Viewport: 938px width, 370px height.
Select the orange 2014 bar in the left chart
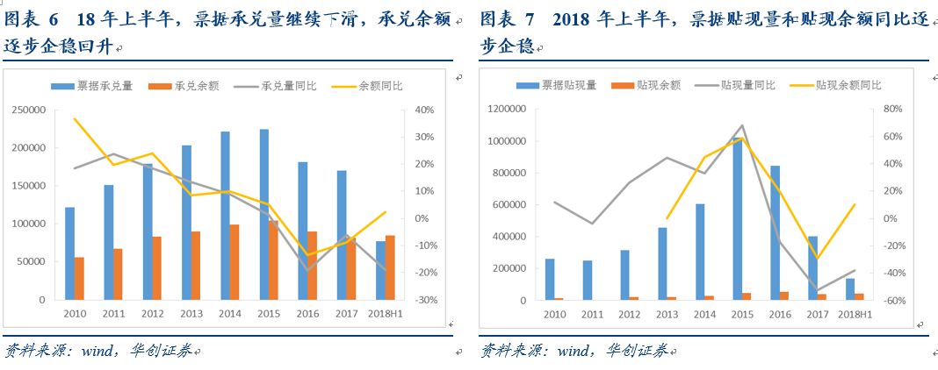tap(234, 262)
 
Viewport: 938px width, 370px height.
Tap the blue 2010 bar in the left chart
tap(69, 253)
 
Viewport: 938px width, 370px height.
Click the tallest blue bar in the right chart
tap(738, 219)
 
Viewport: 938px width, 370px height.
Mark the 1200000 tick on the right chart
tap(504, 110)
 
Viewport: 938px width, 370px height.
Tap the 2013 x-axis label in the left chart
tap(192, 313)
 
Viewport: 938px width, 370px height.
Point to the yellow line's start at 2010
tap(75, 118)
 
